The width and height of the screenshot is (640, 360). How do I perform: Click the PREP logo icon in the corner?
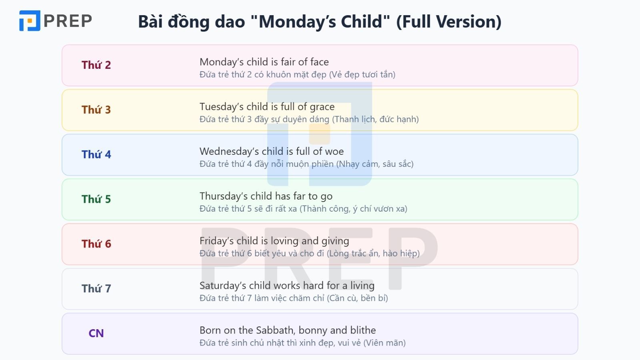click(x=30, y=21)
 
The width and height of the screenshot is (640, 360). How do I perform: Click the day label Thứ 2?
click(x=96, y=65)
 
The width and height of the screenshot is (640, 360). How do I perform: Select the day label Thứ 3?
click(x=96, y=110)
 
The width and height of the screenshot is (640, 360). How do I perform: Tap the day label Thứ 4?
click(x=96, y=154)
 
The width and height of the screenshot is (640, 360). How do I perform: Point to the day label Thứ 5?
click(x=96, y=199)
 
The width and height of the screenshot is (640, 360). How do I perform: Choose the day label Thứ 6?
click(x=96, y=244)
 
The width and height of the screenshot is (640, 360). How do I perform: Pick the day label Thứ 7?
click(x=96, y=288)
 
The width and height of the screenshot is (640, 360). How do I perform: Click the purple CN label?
click(x=96, y=333)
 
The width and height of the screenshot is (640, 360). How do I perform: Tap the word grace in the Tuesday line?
click(x=322, y=107)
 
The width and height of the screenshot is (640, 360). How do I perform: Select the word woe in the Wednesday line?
click(x=334, y=152)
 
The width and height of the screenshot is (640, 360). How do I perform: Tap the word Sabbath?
click(x=274, y=330)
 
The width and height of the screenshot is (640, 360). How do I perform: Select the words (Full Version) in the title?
click(x=448, y=22)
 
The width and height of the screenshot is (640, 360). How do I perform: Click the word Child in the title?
click(x=362, y=22)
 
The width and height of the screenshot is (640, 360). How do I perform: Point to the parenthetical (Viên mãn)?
click(x=384, y=343)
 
